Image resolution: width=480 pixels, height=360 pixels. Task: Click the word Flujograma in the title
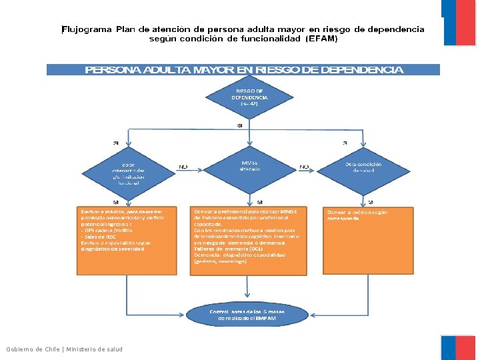87,29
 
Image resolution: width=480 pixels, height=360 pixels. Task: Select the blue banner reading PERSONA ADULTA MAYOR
243,69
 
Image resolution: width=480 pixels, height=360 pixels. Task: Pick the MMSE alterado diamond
249,167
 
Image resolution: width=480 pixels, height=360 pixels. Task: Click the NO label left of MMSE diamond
183,167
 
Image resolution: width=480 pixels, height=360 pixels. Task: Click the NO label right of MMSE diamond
304,167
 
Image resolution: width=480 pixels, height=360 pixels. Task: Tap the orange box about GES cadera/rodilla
125,240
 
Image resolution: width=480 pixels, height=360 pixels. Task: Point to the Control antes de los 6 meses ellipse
247,315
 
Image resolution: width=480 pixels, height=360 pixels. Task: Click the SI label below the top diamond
239,125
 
